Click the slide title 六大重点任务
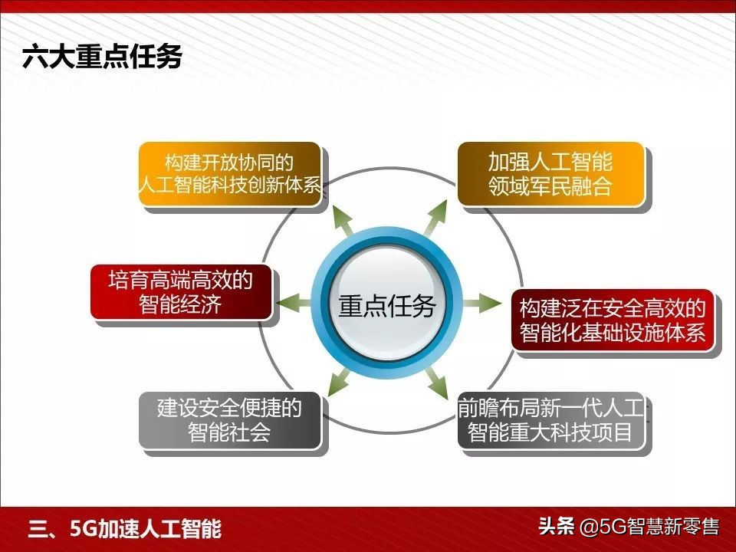(x=102, y=58)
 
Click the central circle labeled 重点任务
(x=387, y=305)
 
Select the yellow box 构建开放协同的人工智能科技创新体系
(x=229, y=173)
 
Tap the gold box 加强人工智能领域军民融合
(x=550, y=173)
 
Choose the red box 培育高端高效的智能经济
(x=181, y=292)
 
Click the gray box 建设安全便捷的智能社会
(x=229, y=419)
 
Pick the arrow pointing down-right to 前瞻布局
(x=435, y=383)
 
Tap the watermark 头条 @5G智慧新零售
(x=628, y=527)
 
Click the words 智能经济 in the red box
(x=181, y=304)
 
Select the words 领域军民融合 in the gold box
(x=550, y=186)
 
